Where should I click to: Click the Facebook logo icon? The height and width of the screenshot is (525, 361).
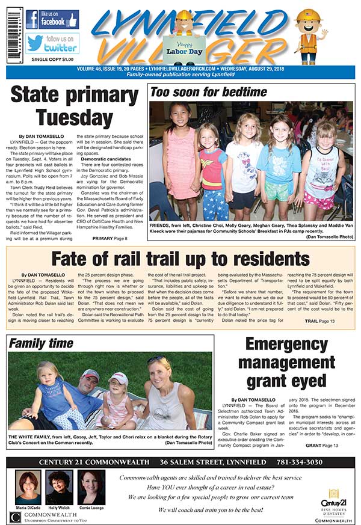pyautogui.click(x=32, y=19)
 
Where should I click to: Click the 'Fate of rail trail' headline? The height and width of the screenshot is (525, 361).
pyautogui.click(x=180, y=259)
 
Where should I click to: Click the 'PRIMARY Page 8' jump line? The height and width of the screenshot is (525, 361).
pyautogui.click(x=110, y=239)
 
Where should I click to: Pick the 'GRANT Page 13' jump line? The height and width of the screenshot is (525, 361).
pyautogui.click(x=322, y=444)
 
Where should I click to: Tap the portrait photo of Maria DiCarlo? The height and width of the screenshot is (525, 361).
pyautogui.click(x=29, y=487)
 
